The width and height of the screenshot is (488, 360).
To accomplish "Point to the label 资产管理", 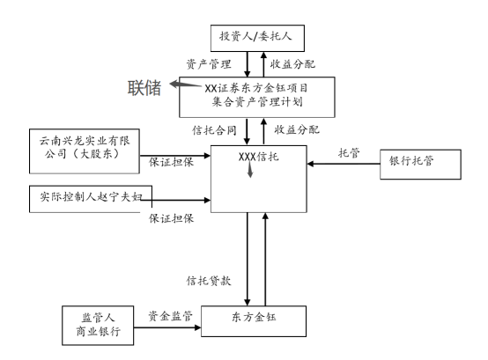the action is coord(209,64).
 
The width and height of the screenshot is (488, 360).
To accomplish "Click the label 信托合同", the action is coord(214,130).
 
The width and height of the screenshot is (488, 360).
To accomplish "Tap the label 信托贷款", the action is coord(209,281).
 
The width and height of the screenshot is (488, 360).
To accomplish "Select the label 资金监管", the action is coord(170,316).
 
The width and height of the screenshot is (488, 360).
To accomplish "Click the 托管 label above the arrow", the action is coord(349,153).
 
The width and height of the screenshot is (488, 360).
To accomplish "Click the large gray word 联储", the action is coord(144,88).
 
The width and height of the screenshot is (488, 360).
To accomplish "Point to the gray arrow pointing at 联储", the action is coord(186,84).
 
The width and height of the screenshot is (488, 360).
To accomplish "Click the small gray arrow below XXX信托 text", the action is coord(250,171).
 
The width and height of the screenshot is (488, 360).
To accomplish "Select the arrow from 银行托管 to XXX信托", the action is coord(344,164).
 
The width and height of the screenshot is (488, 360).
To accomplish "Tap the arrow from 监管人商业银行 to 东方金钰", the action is coord(167,327).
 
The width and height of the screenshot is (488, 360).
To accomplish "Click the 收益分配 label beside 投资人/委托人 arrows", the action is coord(292,64).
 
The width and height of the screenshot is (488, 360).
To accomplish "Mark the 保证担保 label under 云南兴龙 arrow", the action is coord(171,162).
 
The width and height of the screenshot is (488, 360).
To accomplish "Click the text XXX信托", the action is coord(258,157).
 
